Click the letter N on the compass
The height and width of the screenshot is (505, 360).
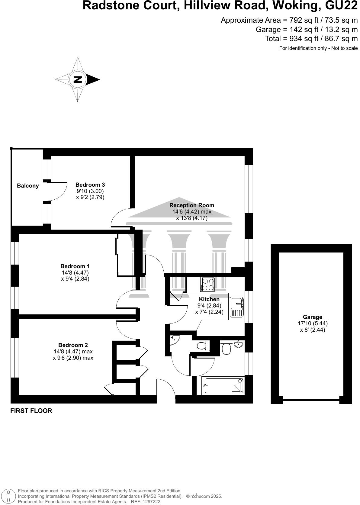tap(78, 79)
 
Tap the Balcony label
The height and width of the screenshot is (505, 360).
tap(28, 186)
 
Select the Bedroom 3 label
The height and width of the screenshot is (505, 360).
tap(90, 185)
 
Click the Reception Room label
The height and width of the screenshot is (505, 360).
tap(191, 205)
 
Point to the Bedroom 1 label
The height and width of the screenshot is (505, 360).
tap(75, 266)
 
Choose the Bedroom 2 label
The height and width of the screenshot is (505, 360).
tap(73, 345)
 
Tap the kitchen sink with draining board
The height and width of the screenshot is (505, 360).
tap(237, 307)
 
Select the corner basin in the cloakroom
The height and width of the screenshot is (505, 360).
tap(174, 339)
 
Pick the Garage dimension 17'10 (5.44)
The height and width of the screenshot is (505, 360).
tap(313, 323)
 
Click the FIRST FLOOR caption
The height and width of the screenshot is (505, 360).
tap(31, 411)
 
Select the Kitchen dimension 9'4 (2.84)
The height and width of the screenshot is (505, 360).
tap(209, 305)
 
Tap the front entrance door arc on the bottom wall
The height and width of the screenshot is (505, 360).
tap(166, 390)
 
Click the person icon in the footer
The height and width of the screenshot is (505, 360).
tap(9, 496)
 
